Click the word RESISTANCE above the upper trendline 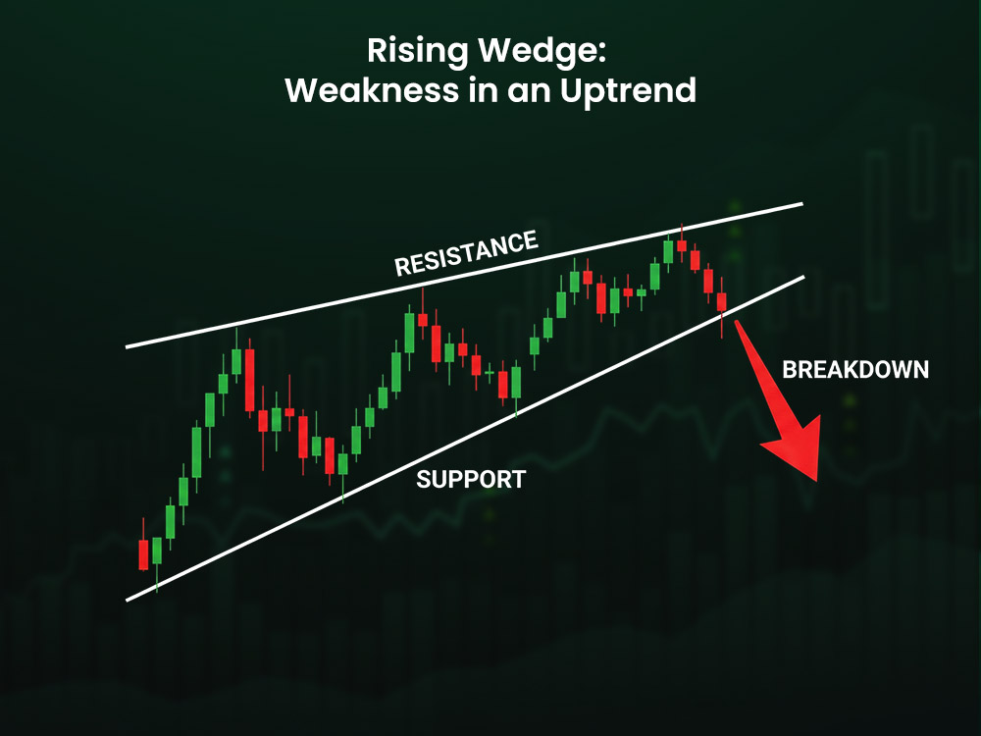tap(466, 254)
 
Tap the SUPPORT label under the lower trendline tap(471, 480)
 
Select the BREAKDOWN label tap(855, 370)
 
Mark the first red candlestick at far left tap(143, 553)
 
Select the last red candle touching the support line tap(722, 302)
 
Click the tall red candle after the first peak tap(249, 379)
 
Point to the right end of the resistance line tap(801, 204)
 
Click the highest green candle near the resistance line tap(668, 251)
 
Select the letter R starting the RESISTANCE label tap(400, 267)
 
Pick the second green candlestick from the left tap(170, 521)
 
